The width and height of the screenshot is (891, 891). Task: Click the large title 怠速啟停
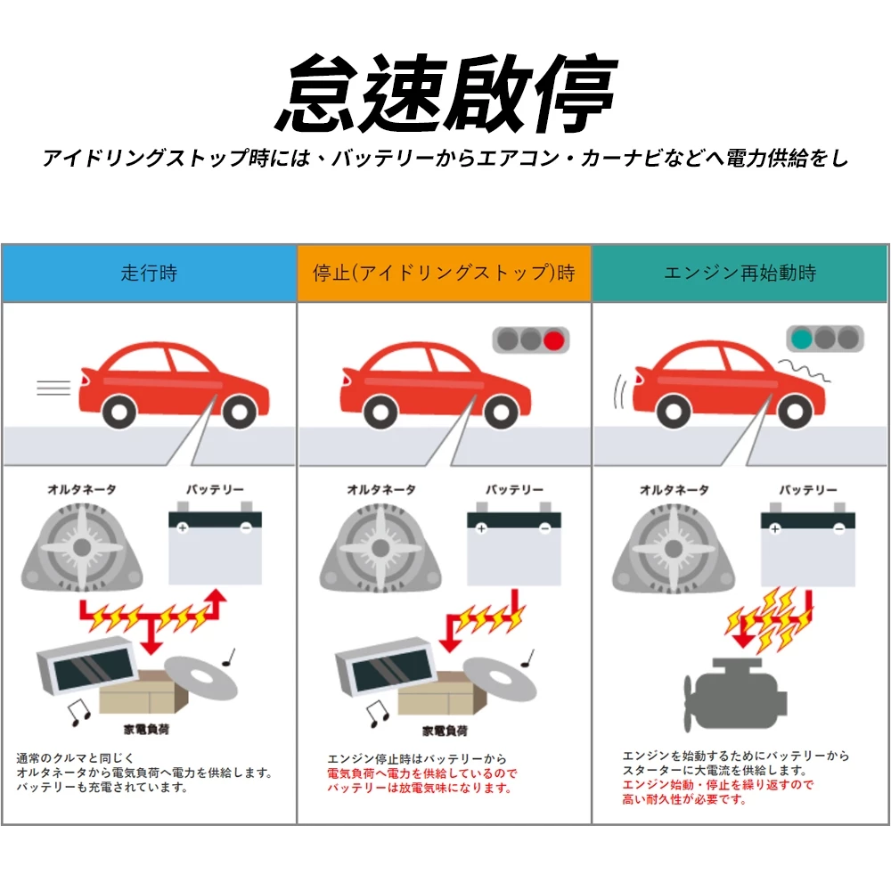(445, 94)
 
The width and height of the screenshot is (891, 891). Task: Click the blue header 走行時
(149, 274)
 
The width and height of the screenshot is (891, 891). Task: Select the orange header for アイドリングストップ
(444, 274)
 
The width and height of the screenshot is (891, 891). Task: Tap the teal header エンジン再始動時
(740, 274)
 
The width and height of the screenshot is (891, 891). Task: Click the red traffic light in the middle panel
(555, 339)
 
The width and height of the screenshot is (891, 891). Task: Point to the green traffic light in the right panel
(801, 339)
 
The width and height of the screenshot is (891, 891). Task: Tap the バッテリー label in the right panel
(808, 490)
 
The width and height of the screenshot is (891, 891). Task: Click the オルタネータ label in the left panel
(82, 490)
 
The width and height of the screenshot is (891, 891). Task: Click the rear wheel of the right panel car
(673, 411)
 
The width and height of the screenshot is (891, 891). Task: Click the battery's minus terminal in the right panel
(838, 529)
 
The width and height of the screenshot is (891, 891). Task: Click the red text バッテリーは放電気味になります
(420, 789)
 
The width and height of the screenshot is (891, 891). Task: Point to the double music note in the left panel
(80, 711)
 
